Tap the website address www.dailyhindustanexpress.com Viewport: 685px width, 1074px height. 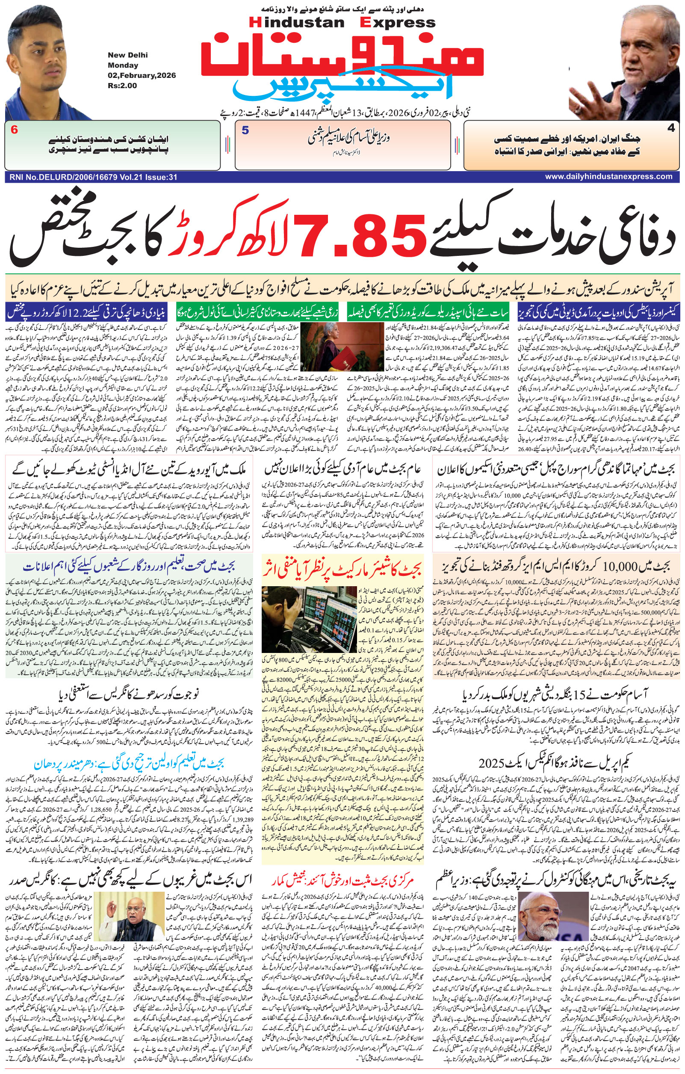pos(608,177)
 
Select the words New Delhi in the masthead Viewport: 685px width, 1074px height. pos(127,55)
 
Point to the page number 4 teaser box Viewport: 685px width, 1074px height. pos(572,145)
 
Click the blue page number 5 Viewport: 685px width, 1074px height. pos(245,131)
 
